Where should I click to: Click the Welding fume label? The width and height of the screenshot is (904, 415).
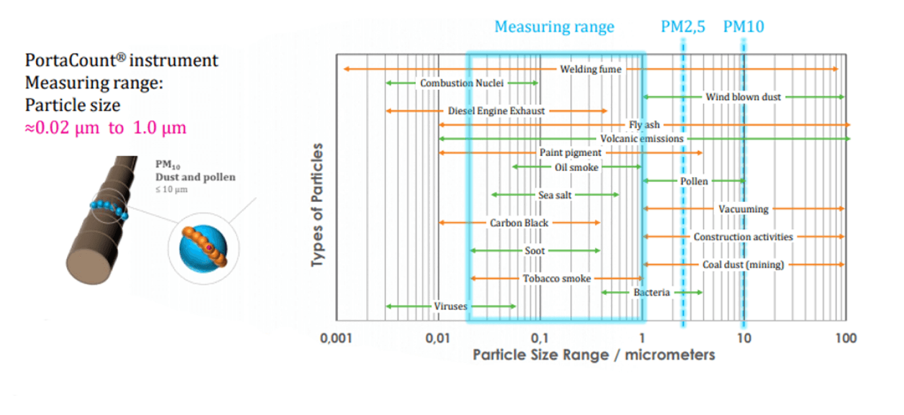pos(590,69)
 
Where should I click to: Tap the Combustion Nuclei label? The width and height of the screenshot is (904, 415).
pos(462,83)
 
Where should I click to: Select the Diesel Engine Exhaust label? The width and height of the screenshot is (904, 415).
pos(497,111)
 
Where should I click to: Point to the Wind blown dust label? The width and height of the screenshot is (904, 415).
pos(743,97)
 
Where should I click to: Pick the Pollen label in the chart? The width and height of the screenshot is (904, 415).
pos(694,181)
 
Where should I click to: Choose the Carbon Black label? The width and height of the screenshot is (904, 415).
pos(519,223)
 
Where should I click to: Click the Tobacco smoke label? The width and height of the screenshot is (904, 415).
pos(557,279)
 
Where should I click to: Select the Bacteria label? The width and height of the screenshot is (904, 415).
pos(651,292)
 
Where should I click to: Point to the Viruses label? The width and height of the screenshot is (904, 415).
pos(450,306)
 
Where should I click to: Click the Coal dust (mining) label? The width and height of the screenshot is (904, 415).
pos(743,265)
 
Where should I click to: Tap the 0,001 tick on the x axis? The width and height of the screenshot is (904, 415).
pos(337,338)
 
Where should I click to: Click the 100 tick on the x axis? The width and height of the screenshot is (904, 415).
pos(846,338)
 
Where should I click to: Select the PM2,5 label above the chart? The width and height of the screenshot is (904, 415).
pos(683,27)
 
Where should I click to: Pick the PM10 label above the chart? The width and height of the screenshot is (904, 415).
pos(743,27)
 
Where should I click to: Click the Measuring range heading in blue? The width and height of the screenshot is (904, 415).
pos(554,27)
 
